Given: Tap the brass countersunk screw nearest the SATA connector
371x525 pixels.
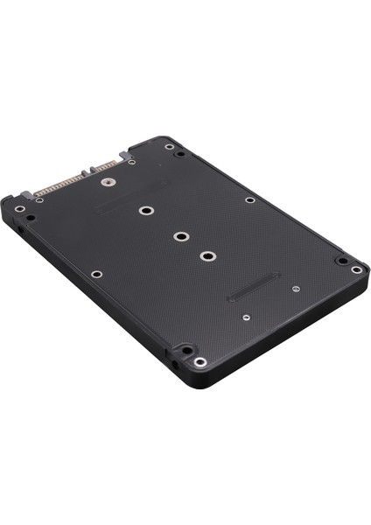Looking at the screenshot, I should [109, 184].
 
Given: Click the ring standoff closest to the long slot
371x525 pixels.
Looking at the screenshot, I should [207, 256].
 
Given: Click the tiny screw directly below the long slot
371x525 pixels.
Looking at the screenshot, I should [247, 317].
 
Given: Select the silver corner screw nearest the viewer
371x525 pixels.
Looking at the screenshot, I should [200, 361].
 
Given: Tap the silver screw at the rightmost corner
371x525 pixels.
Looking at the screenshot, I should [356, 269].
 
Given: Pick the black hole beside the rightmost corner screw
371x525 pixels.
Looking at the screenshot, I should [340, 260].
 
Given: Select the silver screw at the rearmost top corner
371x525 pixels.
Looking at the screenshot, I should [168, 146].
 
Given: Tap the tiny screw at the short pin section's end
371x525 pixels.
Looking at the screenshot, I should [131, 162].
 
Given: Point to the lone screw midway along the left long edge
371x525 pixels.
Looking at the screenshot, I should [96, 274].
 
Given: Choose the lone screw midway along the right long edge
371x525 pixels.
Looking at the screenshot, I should [249, 199].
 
